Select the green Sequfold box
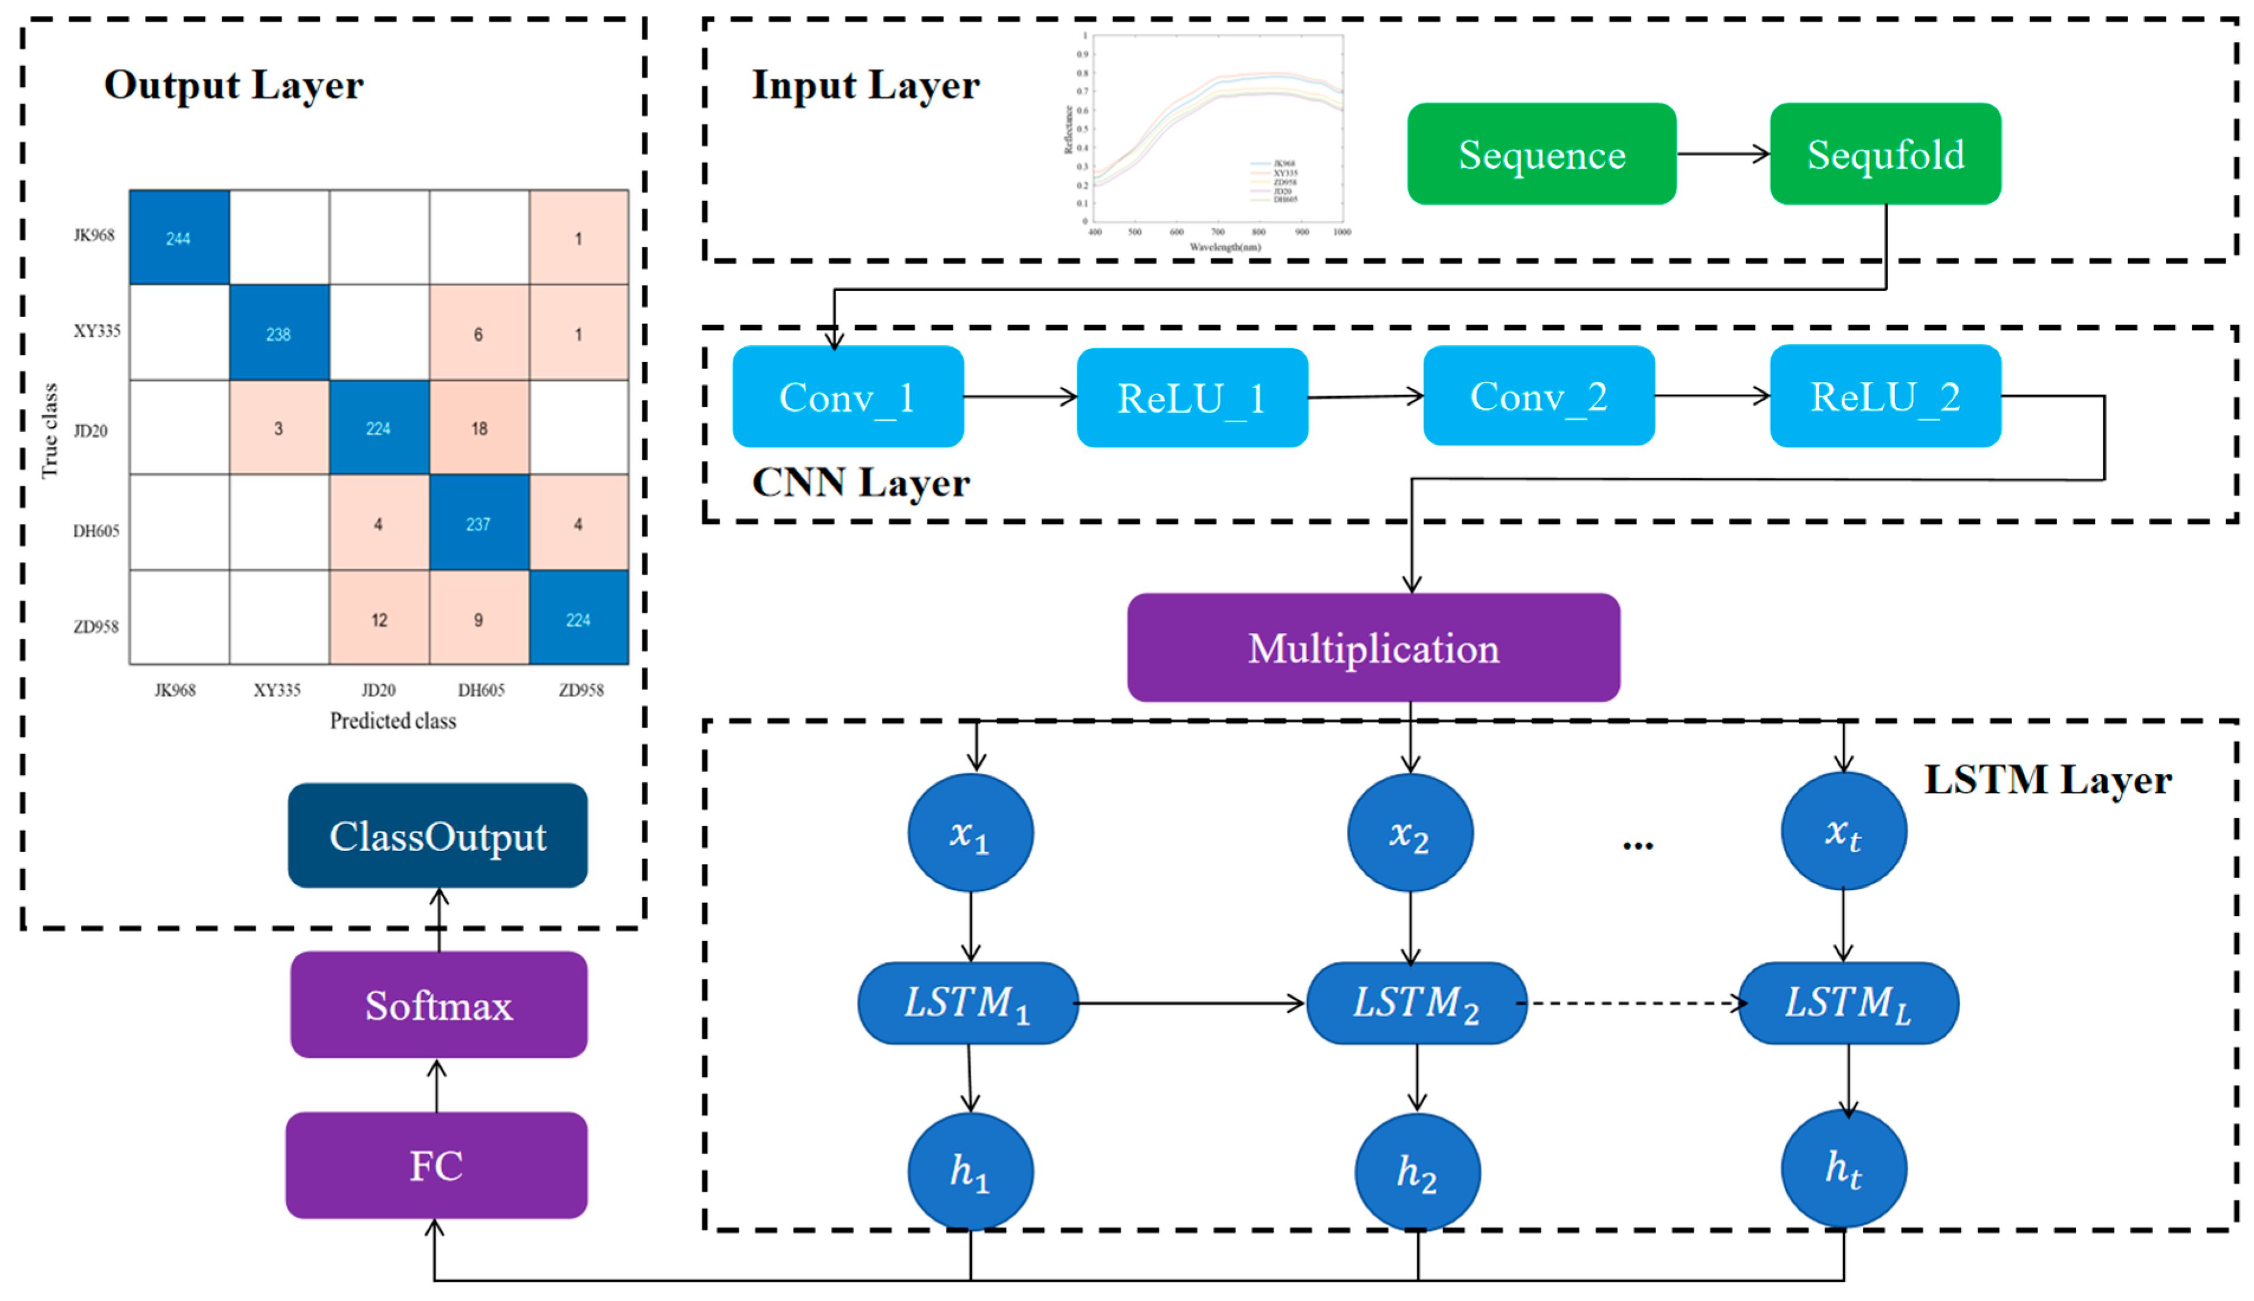point(1884,154)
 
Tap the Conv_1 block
point(847,397)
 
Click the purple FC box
point(436,1164)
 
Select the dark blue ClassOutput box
point(437,836)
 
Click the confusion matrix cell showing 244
point(179,238)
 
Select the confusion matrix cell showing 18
point(479,428)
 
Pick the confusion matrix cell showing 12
point(379,619)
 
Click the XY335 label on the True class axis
point(96,331)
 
